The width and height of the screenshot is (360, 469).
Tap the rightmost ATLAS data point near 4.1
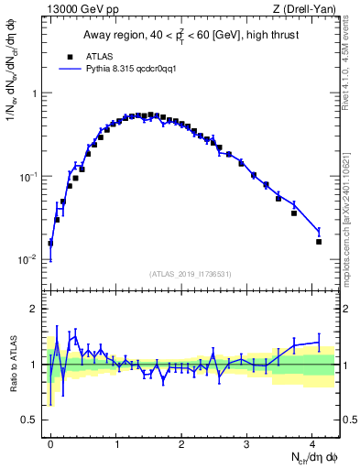tap(319, 242)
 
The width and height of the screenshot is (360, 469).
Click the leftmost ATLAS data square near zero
tap(50, 244)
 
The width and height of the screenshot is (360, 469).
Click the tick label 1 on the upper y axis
tap(36, 93)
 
